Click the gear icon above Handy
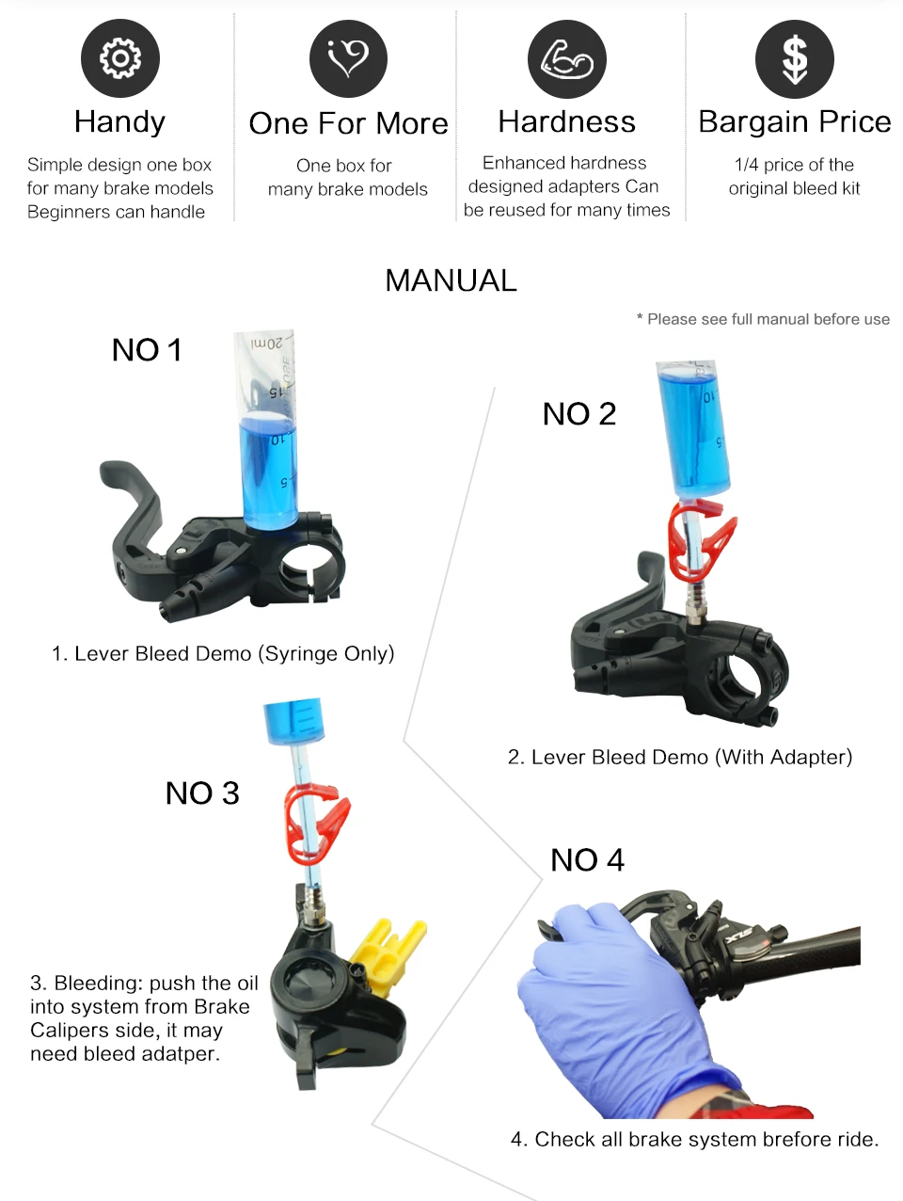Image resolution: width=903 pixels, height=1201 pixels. coord(120,58)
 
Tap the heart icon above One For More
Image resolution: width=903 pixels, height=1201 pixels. coord(348,58)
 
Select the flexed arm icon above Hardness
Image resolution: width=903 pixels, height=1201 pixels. coord(566,58)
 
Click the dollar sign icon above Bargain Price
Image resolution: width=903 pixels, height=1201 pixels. coord(795,58)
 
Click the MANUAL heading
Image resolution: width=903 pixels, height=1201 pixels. coord(451,280)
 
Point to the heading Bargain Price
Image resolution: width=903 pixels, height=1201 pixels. coord(794,121)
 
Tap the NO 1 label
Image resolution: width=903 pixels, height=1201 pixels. coord(147,350)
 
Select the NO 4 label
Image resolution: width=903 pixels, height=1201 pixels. coord(587,859)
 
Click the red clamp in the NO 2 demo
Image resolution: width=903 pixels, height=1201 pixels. coord(700,541)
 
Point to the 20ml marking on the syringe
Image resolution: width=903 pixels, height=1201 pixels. coord(267,344)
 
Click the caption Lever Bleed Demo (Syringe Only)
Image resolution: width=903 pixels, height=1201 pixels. coord(223,653)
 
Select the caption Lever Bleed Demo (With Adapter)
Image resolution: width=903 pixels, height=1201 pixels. coord(679,757)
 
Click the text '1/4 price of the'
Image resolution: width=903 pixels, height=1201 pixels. coord(794,165)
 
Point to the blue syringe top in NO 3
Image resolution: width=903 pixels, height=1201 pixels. coord(293,721)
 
